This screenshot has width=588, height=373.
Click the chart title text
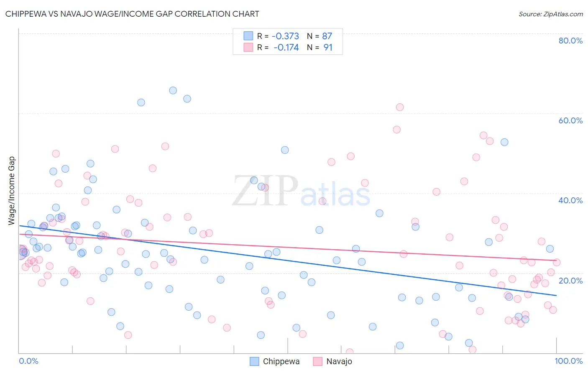click(132, 14)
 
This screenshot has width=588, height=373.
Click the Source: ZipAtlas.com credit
click(550, 14)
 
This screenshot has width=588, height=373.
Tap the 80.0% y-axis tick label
click(570, 41)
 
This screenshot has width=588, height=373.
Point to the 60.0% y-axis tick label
click(570, 120)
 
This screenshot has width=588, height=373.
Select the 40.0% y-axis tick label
click(570, 200)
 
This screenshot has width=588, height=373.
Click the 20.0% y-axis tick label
click(570, 280)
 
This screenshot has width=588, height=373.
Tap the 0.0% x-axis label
click(28, 361)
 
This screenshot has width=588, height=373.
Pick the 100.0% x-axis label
click(568, 361)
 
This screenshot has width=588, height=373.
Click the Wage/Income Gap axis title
click(12, 191)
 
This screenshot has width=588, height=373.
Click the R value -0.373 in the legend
click(285, 36)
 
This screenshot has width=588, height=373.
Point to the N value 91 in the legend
click(328, 48)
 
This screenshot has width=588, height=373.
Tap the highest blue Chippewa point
click(173, 90)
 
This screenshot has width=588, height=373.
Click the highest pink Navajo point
click(400, 107)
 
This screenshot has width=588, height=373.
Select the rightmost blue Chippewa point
click(550, 249)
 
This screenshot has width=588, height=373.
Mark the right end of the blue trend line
click(556, 295)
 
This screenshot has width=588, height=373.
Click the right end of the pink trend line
click(556, 261)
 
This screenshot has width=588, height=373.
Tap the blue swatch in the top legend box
click(248, 36)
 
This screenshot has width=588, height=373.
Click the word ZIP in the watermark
click(265, 192)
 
